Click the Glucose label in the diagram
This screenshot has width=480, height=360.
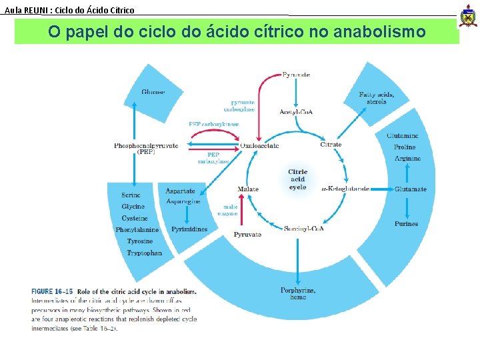tap(153, 92)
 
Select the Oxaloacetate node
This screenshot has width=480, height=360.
tap(260, 145)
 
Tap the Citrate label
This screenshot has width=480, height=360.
tap(331, 145)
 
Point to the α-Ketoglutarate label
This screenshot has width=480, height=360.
tap(345, 189)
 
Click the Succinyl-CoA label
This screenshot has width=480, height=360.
tap(304, 229)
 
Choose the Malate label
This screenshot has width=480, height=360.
tap(248, 189)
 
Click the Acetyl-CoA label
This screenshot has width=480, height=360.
tap(296, 111)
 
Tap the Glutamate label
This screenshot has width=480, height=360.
tap(410, 189)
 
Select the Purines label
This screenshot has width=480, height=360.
tap(406, 224)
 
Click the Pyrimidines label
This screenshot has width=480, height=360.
tap(189, 229)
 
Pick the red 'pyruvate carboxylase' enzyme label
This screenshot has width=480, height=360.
tap(242, 106)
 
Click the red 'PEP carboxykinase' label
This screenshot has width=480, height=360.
tap(213, 124)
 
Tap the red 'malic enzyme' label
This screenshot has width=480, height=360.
tap(230, 210)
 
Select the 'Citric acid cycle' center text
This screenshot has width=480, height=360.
tap(297, 179)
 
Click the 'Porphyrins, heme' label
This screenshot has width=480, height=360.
tap(298, 293)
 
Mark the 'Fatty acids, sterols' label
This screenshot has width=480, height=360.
tap(377, 98)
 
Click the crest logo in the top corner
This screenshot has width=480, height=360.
tap(469, 16)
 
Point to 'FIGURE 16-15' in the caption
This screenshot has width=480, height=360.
tap(52, 291)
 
